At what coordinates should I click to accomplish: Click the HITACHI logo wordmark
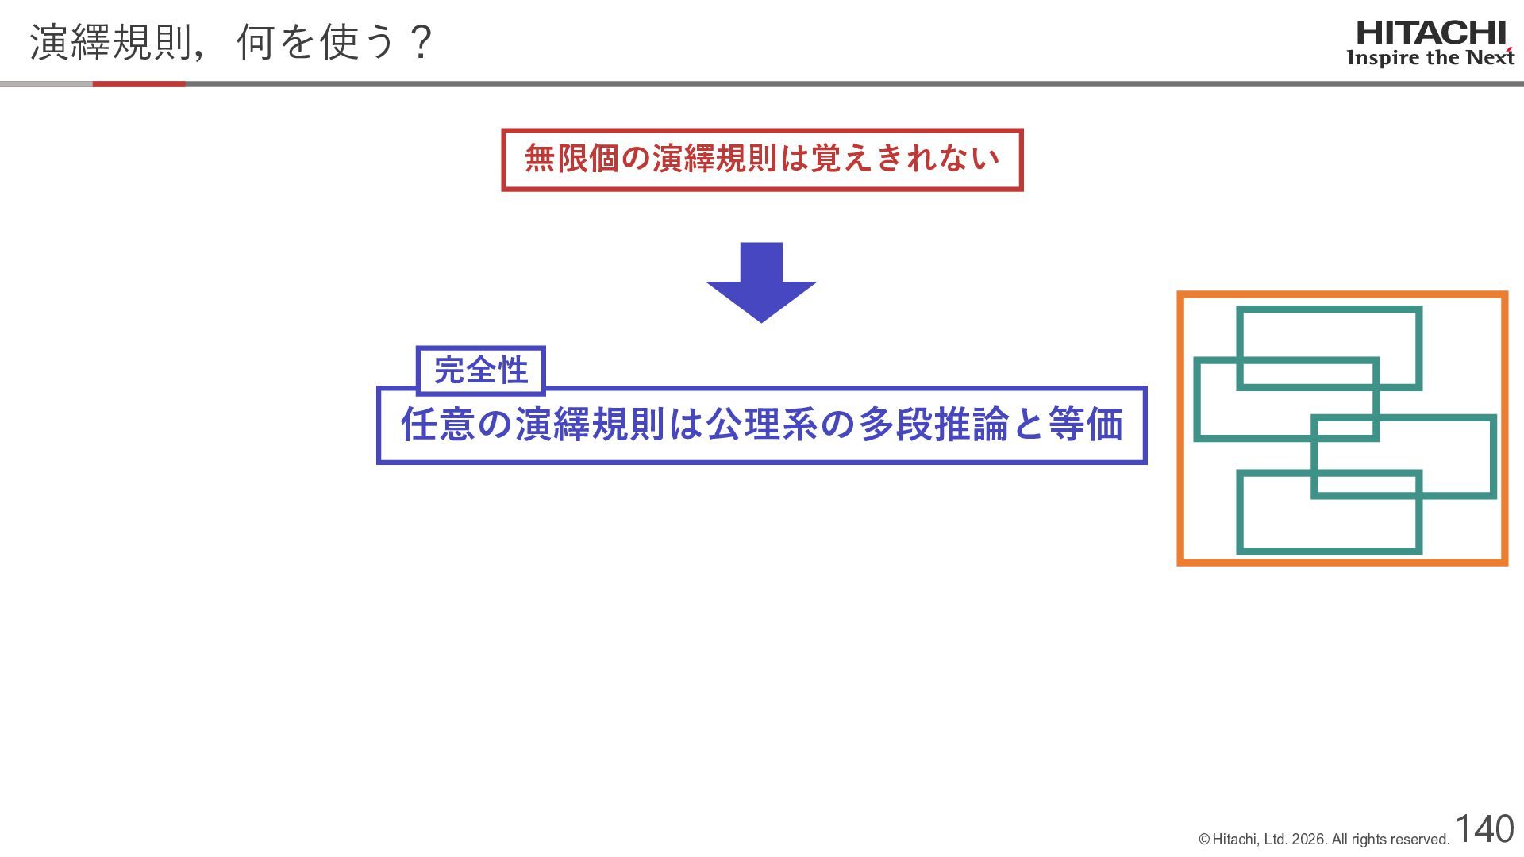1430,33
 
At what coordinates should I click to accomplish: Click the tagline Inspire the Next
1430,58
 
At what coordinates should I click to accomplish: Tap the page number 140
1484,828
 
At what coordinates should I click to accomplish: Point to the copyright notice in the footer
1324,840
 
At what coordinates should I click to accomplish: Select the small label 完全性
481,371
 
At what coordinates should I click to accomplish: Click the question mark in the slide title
421,43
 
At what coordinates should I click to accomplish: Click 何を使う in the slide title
316,43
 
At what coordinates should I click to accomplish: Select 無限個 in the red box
571,159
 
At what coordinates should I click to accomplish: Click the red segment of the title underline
139,84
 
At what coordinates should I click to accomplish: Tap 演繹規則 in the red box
714,159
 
